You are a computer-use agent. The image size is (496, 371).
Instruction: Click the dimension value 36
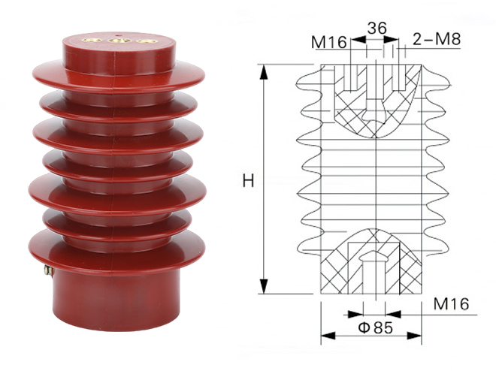377,28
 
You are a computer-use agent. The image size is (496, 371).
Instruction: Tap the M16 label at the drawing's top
329,42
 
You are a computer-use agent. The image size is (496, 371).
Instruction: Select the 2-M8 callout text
437,39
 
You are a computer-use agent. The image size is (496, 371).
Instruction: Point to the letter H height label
248,181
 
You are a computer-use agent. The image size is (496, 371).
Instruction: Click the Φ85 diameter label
376,327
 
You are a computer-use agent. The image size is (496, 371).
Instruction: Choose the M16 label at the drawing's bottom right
451,304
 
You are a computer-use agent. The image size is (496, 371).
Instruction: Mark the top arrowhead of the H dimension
264,72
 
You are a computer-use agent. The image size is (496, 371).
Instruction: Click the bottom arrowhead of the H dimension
264,286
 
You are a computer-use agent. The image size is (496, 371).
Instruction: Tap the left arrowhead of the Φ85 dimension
328,336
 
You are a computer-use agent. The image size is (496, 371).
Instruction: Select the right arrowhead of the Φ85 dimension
414,336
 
